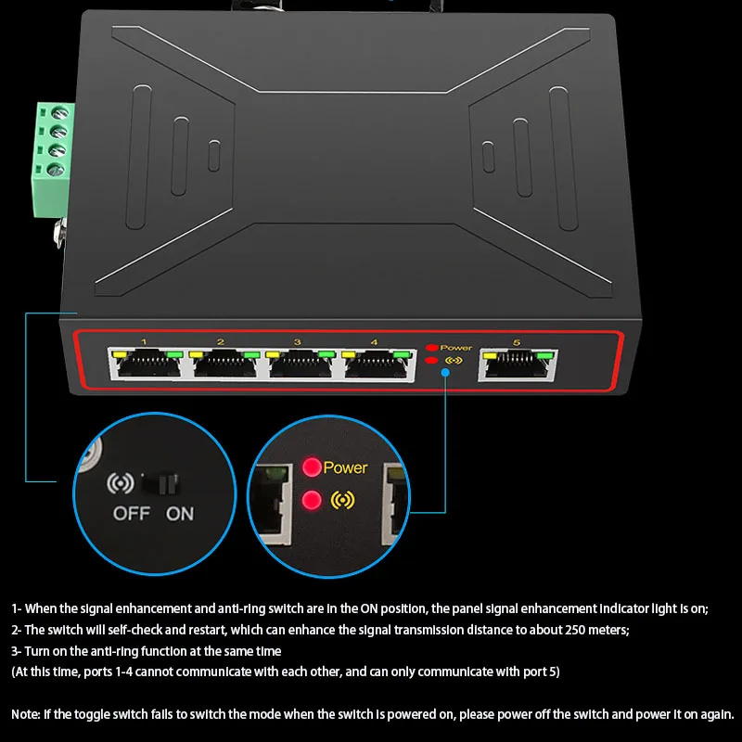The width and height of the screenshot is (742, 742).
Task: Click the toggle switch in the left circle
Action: point(164,483)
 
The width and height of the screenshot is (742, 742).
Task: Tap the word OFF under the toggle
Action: point(131,514)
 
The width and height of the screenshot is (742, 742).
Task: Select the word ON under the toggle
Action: point(180,514)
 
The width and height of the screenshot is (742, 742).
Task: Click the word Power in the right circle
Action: point(345,468)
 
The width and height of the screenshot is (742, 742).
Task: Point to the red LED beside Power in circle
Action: point(312,467)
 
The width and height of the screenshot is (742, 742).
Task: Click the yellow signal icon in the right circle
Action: point(342,501)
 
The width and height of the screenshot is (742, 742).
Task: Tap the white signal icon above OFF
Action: point(121,484)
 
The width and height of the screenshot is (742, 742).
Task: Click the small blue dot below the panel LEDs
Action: point(445,373)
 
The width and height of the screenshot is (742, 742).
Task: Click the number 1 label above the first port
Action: point(144,342)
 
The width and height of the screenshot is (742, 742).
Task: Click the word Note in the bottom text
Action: point(25,715)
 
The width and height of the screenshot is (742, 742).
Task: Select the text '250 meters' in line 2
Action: point(595,630)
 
